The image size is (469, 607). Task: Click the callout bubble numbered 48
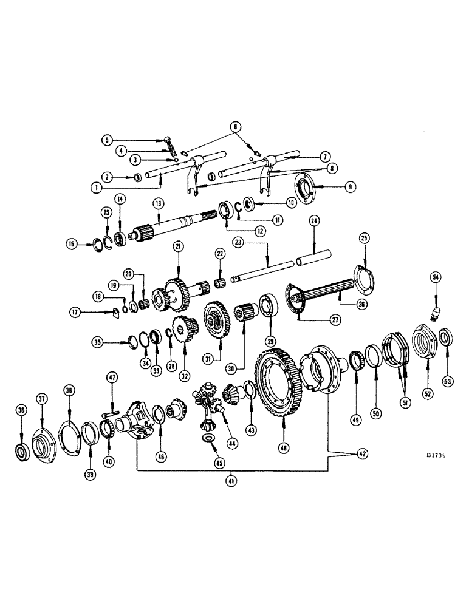tap(284, 447)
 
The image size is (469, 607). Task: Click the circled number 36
tap(22, 410)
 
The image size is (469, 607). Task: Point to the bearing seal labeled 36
tap(22, 451)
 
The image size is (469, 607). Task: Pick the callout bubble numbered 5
tap(107, 139)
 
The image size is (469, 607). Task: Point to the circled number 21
tap(178, 245)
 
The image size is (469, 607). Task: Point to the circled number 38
tap(70, 392)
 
